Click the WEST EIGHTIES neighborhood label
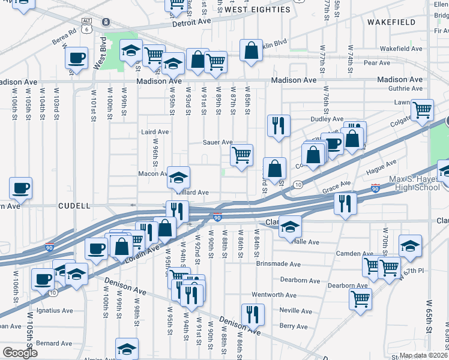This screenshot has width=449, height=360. click(x=259, y=10)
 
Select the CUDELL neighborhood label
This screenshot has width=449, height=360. click(x=74, y=206)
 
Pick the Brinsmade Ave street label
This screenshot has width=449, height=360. click(x=277, y=264)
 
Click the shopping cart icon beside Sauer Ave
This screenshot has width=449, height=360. click(x=242, y=155)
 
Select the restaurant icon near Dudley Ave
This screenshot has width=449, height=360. click(x=278, y=125)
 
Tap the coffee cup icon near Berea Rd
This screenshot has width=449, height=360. click(x=76, y=58)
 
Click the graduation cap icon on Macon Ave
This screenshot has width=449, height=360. click(x=178, y=178)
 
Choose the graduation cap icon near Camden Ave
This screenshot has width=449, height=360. click(x=410, y=245)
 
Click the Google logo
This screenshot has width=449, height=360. click(x=20, y=353)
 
